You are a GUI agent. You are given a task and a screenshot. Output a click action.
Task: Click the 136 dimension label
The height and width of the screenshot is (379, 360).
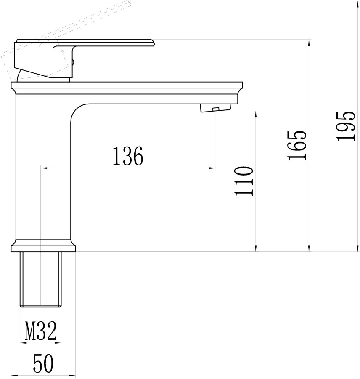coord(128,156)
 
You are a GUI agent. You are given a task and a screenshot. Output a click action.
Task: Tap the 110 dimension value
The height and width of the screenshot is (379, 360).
coord(244,181)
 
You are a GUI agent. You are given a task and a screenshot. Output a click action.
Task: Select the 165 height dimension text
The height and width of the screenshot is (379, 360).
coord(297,145)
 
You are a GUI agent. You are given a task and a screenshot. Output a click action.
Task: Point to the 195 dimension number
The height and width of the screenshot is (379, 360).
coord(346,126)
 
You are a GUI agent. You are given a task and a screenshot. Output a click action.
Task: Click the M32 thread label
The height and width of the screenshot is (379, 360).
coord(40,331)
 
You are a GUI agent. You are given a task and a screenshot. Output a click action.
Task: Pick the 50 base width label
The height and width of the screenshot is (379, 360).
coord(43,363)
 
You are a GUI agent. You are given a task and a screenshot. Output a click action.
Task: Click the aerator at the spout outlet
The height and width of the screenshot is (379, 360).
coord(215,108)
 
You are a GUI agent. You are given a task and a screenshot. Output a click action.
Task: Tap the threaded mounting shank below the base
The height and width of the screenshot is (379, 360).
coord(40,280)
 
